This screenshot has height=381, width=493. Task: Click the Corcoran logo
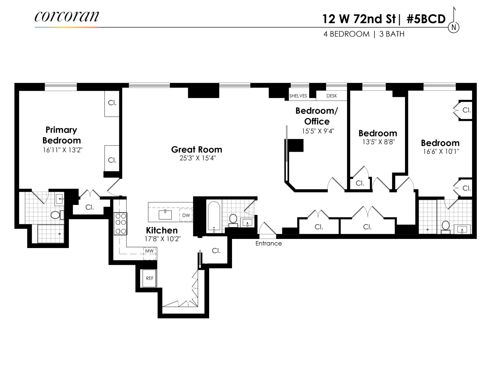coord(67,17)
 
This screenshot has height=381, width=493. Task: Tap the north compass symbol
coord(454,27)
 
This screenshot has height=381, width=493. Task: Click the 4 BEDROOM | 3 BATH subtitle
coord(364,34)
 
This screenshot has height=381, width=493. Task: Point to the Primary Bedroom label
coord(61,135)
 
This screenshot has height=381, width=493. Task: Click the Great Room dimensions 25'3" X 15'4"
coord(197,158)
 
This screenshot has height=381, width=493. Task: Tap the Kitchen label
coord(162,230)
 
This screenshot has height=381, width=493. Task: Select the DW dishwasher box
coord(186,215)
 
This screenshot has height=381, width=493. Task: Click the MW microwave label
coord(149,251)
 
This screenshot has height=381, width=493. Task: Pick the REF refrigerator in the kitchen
coord(150,278)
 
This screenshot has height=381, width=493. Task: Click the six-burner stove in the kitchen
coord(120,224)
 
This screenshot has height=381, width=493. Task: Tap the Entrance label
coord(269,243)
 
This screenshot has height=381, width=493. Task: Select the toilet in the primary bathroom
coord(56,215)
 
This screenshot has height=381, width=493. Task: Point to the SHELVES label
coord(298,96)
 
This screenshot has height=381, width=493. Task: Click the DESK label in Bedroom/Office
coord(331,96)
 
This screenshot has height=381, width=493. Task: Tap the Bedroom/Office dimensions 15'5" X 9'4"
coord(318,131)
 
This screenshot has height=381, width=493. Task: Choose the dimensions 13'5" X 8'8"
coord(378,142)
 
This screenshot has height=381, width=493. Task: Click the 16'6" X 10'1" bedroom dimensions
coord(440,151)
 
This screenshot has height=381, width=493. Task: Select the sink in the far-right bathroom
coord(463,229)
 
